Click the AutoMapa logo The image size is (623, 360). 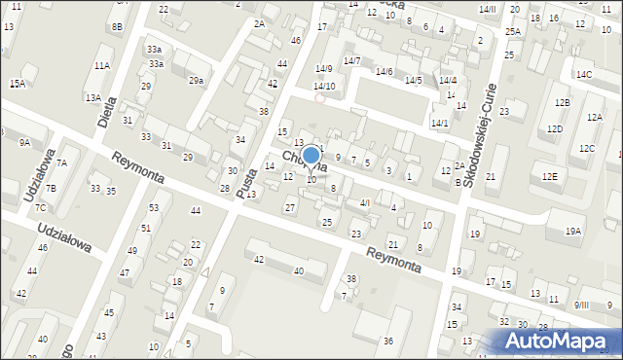pyautogui.click(x=561, y=341)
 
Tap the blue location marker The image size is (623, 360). pyautogui.click(x=311, y=156)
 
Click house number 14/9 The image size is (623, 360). pyautogui.click(x=324, y=68)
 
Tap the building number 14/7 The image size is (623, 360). pyautogui.click(x=351, y=61)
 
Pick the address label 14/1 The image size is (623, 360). pyautogui.click(x=440, y=123)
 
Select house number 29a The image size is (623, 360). pyautogui.click(x=196, y=81)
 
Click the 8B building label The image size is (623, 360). pyautogui.click(x=117, y=27)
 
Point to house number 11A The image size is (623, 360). pyautogui.click(x=102, y=65)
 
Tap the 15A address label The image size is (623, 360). pyautogui.click(x=18, y=84)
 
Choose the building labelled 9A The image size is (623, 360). pyautogui.click(x=25, y=143)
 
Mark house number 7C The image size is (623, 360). pyautogui.click(x=40, y=208)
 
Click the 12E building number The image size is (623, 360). pyautogui.click(x=550, y=176)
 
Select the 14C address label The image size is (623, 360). pyautogui.click(x=583, y=75)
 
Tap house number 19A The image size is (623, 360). pyautogui.click(x=573, y=231)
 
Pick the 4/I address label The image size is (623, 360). pyautogui.click(x=365, y=202)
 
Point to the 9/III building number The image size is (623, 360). pyautogui.click(x=581, y=306)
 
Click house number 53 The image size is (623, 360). pyautogui.click(x=154, y=208)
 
